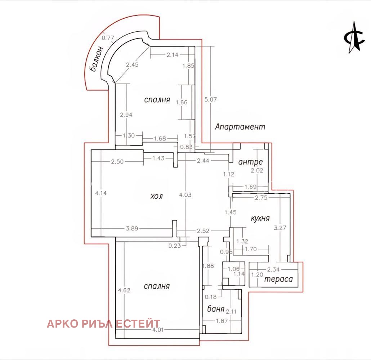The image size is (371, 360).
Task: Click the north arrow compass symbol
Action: point(354,37)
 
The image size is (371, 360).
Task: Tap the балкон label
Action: point(97,59)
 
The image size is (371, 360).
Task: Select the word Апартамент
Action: point(240,127)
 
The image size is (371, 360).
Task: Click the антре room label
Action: point(250,162)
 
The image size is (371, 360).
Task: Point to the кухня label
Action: point(260,218)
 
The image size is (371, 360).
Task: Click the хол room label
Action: point(157,196)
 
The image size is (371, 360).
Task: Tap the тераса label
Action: point(278,279)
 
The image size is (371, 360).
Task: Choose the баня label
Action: point(215,309)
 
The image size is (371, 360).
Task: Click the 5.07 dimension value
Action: point(210,100)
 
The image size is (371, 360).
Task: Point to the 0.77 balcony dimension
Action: point(108,37)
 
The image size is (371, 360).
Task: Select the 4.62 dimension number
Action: point(124,290)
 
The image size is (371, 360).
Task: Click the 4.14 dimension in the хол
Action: point(101,193)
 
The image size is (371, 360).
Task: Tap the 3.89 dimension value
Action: point(132,229)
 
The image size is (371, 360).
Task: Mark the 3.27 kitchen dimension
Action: point(280,228)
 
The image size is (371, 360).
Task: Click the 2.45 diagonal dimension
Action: point(132,64)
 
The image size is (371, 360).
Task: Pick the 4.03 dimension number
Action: point(185,195)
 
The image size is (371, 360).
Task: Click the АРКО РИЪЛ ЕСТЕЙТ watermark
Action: point(104,324)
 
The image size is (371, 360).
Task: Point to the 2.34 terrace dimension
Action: point(273,269)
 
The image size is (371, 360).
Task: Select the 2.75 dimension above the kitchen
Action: point(261,198)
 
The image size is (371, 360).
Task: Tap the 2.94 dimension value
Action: point(126,115)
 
